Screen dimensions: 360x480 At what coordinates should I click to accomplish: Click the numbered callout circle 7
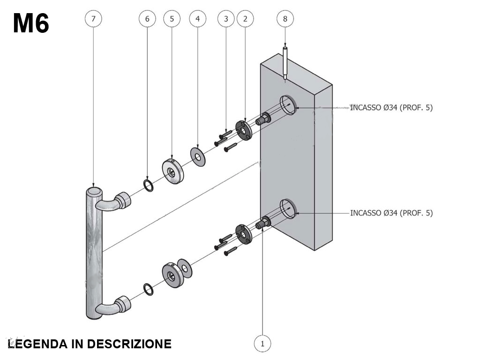(94, 19)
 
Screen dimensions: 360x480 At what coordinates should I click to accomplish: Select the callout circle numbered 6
(147, 19)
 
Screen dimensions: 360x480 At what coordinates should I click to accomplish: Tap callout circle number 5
(172, 19)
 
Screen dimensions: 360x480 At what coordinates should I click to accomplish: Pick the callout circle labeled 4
(197, 19)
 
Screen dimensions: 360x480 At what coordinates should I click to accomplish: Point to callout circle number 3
(226, 19)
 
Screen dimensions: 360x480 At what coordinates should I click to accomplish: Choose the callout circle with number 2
(245, 19)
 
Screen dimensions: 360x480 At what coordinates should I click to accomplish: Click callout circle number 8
(285, 19)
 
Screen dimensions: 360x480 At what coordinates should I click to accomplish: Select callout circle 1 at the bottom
(262, 344)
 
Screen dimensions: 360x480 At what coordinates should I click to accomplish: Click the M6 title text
(31, 23)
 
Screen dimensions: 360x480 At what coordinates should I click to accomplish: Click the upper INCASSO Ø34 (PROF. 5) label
(391, 108)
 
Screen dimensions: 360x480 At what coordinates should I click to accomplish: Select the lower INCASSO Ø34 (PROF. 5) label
(391, 213)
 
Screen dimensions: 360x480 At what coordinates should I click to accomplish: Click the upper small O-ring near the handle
(147, 185)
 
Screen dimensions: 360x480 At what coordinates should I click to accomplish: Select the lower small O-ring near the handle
(147, 289)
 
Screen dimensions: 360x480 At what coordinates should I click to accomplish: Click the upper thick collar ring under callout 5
(172, 170)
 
